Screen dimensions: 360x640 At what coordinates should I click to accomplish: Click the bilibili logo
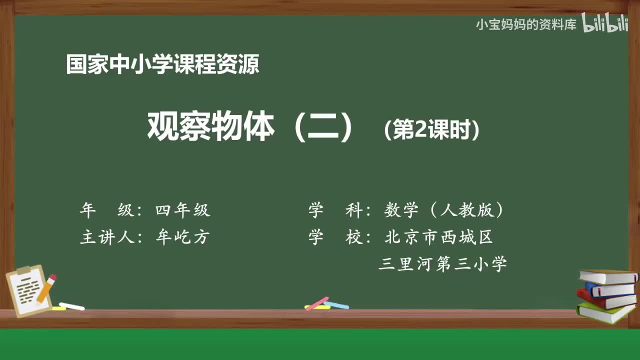[x=605, y=24]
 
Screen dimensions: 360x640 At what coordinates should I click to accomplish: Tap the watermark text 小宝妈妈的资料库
[x=526, y=24]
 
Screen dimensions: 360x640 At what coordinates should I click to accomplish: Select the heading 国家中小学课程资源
[x=162, y=64]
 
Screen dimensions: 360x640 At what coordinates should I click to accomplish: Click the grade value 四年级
[x=182, y=210]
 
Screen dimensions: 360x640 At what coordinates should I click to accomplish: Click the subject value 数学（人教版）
[x=443, y=210]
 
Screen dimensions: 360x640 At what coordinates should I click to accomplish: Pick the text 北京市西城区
[x=438, y=237]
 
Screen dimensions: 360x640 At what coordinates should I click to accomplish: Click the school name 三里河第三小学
[x=442, y=263]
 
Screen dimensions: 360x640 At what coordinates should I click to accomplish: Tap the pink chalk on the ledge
[x=316, y=303]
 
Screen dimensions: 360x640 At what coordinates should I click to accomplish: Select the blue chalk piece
[x=336, y=304]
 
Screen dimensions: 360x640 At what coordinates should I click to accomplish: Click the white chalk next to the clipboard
[x=71, y=306]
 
